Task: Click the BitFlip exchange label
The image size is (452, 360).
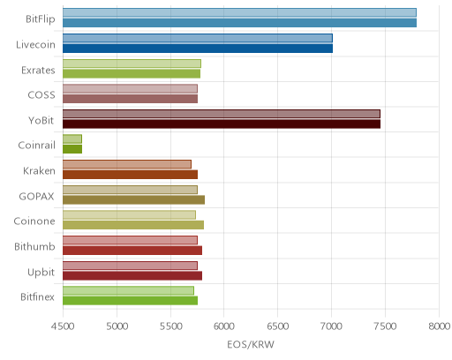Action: click(41, 19)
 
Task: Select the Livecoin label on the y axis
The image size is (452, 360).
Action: click(35, 45)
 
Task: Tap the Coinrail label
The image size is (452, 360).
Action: click(36, 146)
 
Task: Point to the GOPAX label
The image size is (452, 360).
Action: click(36, 196)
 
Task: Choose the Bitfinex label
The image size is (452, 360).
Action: click(37, 297)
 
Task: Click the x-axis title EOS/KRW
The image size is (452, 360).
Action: click(251, 344)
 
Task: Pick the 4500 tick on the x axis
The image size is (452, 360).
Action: click(63, 326)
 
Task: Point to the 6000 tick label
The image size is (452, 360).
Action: click(223, 326)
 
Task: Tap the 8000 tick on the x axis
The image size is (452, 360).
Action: click(439, 326)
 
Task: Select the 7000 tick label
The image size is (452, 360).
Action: click(331, 326)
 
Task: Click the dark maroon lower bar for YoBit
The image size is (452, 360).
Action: click(222, 124)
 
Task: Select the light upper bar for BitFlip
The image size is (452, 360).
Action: click(239, 12)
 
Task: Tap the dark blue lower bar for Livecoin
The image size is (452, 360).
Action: click(198, 49)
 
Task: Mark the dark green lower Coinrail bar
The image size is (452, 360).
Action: click(72, 149)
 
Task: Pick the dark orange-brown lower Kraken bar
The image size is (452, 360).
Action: click(130, 175)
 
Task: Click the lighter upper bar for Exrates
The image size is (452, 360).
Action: click(132, 64)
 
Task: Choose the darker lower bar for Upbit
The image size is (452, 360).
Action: click(132, 276)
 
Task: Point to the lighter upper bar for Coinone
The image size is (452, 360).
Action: click(129, 214)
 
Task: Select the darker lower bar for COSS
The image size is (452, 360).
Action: click(130, 99)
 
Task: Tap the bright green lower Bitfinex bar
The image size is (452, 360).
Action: click(130, 301)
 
